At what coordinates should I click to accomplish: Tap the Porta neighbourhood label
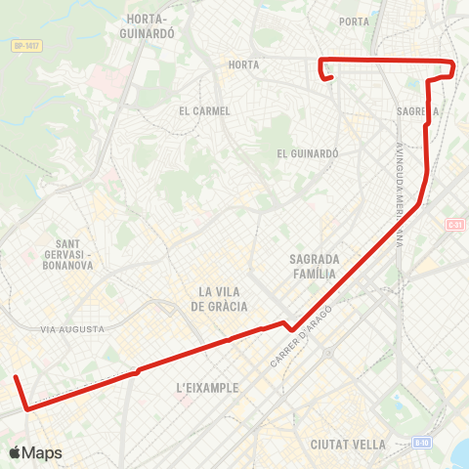click(354, 21)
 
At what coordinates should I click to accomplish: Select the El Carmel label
click(205, 111)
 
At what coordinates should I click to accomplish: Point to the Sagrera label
click(418, 111)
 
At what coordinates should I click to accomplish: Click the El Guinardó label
click(307, 153)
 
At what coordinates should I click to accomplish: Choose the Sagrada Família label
click(314, 267)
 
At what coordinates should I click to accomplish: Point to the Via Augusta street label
click(72, 329)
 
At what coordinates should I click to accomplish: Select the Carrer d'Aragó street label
click(302, 336)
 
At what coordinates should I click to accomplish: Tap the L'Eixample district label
click(207, 388)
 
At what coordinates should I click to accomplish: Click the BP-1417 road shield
click(25, 45)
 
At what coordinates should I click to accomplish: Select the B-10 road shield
click(422, 442)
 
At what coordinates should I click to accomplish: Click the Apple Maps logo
click(35, 452)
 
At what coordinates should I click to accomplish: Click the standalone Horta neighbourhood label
click(241, 65)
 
